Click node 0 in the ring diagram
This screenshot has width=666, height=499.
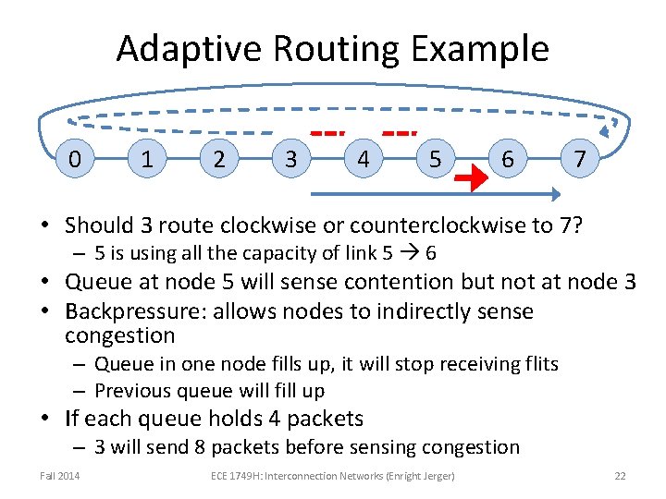75,159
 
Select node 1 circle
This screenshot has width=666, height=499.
146,159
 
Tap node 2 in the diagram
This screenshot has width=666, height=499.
218,159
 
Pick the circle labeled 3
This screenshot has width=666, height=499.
290,159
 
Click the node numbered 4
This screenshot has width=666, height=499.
363,159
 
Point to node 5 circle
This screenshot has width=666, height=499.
435,159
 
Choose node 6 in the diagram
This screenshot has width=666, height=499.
507,159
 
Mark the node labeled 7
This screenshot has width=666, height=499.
579,159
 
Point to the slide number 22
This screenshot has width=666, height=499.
620,476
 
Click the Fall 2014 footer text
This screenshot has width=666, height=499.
60,476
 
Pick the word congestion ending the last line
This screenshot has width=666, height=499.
470,446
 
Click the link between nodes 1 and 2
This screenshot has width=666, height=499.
182,159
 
